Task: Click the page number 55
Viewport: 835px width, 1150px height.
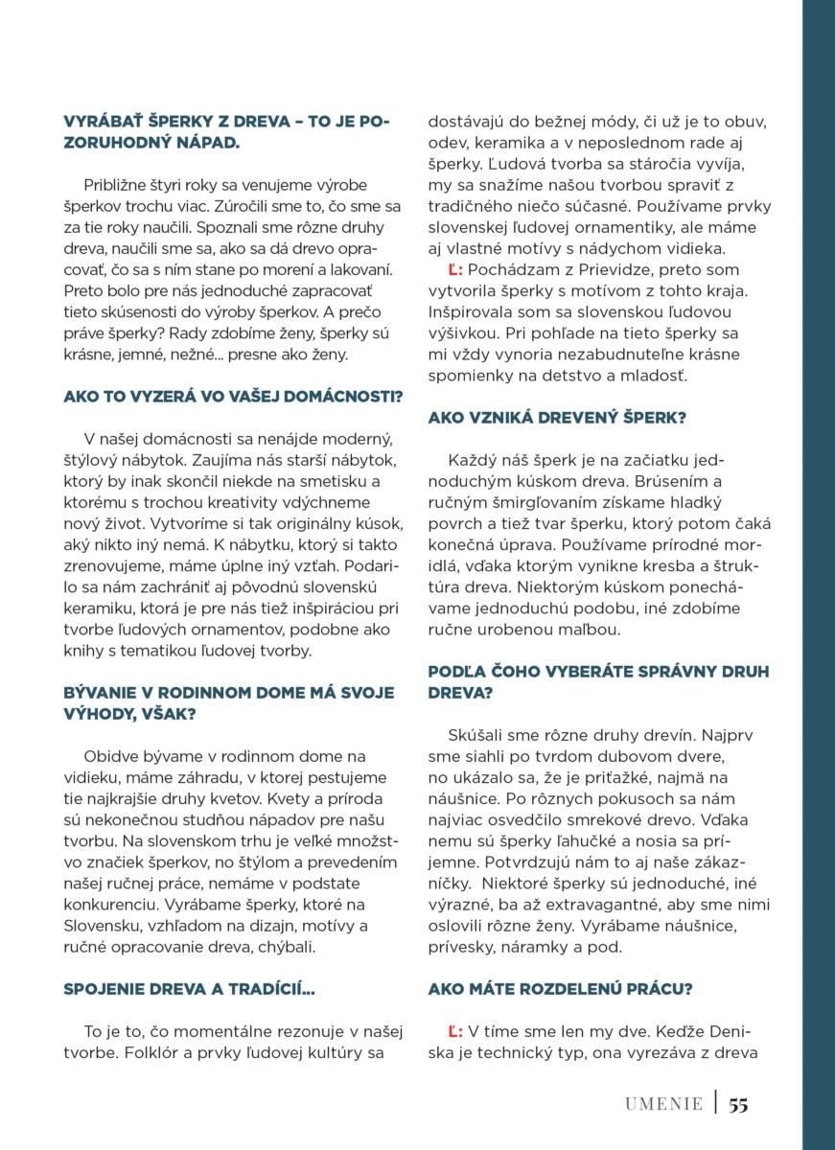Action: coord(737,1104)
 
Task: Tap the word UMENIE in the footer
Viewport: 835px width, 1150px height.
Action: coord(663,1104)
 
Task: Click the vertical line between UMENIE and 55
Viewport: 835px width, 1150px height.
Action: coord(715,1103)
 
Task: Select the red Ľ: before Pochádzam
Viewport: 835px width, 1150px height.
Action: coord(455,271)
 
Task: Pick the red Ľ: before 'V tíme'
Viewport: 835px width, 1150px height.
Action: coord(455,1031)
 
